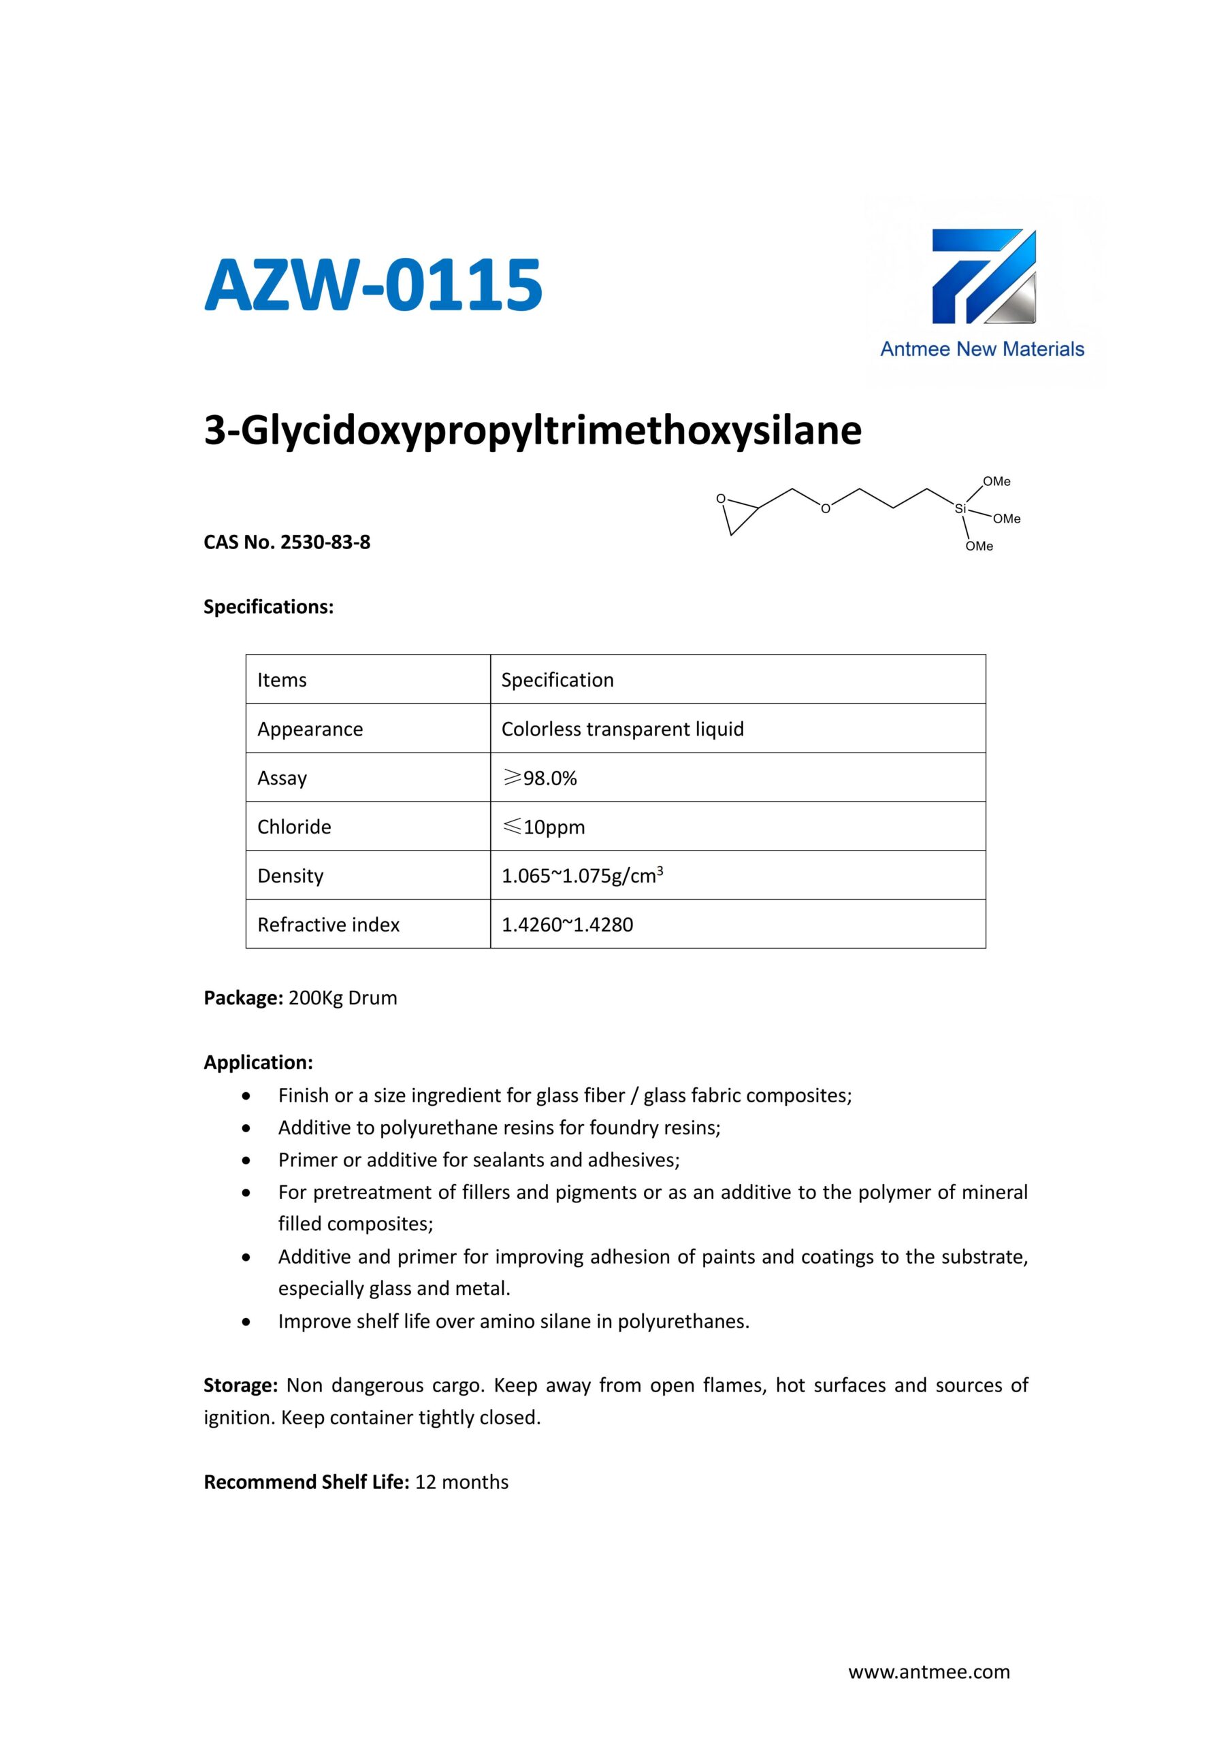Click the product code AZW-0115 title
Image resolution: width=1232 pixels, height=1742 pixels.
(373, 285)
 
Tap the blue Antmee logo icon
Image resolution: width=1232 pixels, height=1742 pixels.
(983, 277)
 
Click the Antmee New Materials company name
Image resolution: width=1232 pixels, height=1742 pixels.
(982, 349)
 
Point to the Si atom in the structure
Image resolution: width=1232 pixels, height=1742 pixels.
(960, 508)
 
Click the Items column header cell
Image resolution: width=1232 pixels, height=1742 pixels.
(282, 680)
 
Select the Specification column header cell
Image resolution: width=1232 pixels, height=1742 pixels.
(557, 680)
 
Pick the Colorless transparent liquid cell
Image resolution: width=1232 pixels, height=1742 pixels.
(622, 729)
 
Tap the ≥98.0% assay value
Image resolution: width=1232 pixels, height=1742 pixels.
(540, 778)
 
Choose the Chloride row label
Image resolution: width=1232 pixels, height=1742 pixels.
(295, 827)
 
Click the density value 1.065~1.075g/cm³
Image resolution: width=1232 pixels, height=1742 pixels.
(582, 876)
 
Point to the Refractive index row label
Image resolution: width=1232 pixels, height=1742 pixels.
(329, 925)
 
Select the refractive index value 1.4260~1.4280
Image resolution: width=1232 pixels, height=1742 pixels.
(567, 925)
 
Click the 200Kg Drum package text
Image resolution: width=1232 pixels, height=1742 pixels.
(342, 998)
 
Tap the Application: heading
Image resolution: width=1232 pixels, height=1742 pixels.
(258, 1062)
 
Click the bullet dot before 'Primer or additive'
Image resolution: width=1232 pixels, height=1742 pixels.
(246, 1160)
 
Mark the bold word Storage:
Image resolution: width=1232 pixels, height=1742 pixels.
(241, 1385)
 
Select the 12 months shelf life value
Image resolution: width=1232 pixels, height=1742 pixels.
(461, 1482)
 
